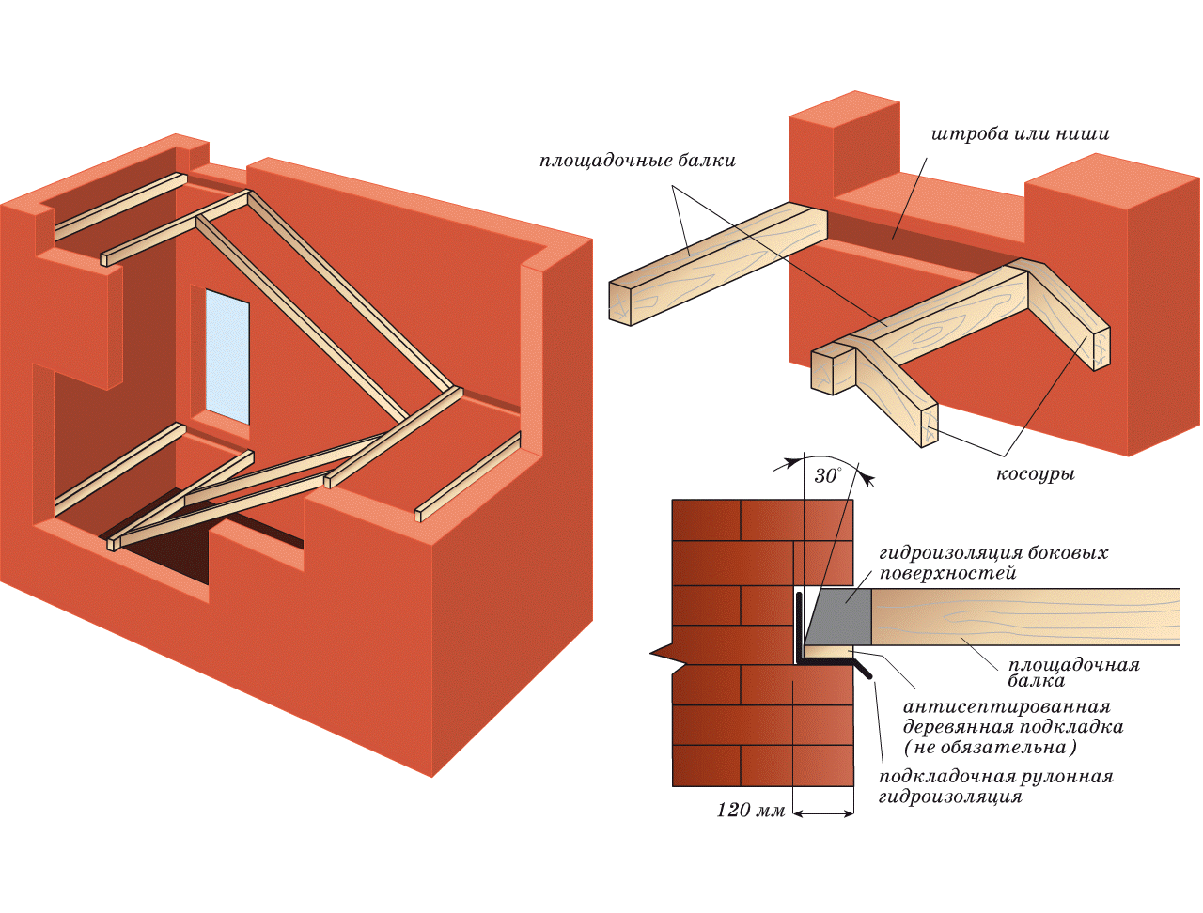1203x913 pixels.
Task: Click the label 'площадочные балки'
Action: pyautogui.click(x=637, y=161)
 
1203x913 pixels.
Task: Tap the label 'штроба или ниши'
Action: pyautogui.click(x=1020, y=134)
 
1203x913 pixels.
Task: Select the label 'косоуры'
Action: pyautogui.click(x=1035, y=474)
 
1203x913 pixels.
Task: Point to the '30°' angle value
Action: pyautogui.click(x=826, y=475)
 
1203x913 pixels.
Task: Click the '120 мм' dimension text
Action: pyautogui.click(x=750, y=810)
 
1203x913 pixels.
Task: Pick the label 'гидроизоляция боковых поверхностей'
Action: pyautogui.click(x=992, y=563)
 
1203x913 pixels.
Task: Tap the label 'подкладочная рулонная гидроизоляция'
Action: pyautogui.click(x=995, y=786)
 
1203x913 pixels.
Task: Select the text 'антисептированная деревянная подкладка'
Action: pyautogui.click(x=1011, y=716)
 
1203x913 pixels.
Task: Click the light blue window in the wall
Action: pyautogui.click(x=227, y=357)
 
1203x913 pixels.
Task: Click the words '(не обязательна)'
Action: pyautogui.click(x=990, y=748)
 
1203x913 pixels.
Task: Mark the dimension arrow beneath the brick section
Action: pyautogui.click(x=823, y=813)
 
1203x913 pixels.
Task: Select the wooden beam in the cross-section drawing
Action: pyautogui.click(x=1024, y=616)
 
